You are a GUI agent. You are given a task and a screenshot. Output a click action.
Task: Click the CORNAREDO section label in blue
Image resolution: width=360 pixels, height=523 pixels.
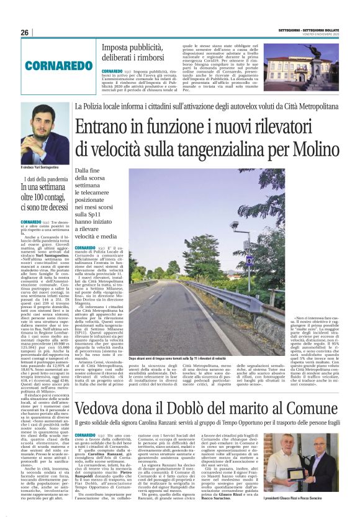click(x=50, y=64)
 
